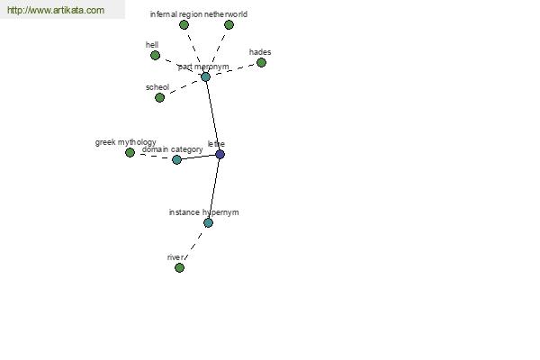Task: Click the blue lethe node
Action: (x=220, y=154)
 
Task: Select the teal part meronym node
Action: (x=205, y=76)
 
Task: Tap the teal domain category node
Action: (x=176, y=159)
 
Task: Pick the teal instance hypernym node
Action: (x=208, y=223)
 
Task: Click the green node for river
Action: (x=179, y=267)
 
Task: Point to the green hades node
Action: (x=261, y=63)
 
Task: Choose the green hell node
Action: (x=156, y=56)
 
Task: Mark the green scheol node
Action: (x=159, y=98)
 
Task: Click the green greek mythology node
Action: (x=130, y=153)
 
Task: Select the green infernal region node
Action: (x=184, y=25)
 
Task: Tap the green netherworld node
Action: (x=229, y=25)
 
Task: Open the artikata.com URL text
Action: (x=56, y=10)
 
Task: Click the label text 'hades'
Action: (x=260, y=52)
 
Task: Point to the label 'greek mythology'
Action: (x=126, y=142)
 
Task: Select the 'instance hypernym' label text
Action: (x=204, y=212)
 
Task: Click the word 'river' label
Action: (x=175, y=257)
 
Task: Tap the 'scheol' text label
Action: (x=157, y=87)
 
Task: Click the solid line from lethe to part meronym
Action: (x=212, y=115)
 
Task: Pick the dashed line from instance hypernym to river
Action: (x=193, y=245)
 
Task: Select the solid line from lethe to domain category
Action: (x=198, y=157)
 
